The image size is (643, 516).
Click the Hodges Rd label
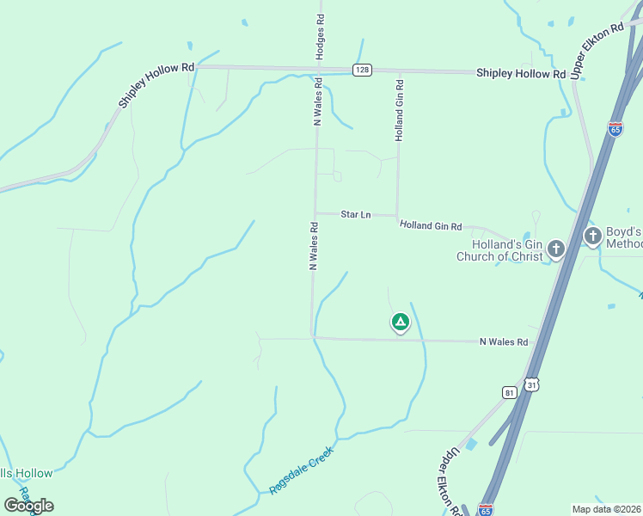click(x=320, y=36)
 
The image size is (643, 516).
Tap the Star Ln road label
click(x=355, y=214)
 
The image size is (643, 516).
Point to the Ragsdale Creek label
click(x=301, y=468)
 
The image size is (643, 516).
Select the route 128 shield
click(x=362, y=70)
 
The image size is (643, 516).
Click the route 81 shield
click(x=510, y=392)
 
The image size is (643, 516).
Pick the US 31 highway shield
click(x=532, y=386)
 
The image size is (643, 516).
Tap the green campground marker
click(x=400, y=322)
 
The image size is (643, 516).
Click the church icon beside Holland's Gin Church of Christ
click(x=556, y=250)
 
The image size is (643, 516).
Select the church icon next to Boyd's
click(x=592, y=236)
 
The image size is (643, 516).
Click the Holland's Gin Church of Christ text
click(x=499, y=250)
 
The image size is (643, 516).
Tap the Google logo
click(x=28, y=506)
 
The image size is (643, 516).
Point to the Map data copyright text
click(x=607, y=509)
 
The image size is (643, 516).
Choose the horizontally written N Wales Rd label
click(x=503, y=342)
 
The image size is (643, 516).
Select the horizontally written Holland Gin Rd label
click(x=430, y=226)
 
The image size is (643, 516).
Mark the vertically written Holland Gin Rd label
click(x=400, y=109)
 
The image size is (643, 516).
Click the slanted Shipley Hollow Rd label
click(x=156, y=83)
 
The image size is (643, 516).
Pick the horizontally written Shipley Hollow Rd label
click(x=521, y=74)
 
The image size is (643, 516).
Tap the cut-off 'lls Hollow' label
click(x=27, y=473)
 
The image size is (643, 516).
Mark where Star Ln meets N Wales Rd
click(x=315, y=212)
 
